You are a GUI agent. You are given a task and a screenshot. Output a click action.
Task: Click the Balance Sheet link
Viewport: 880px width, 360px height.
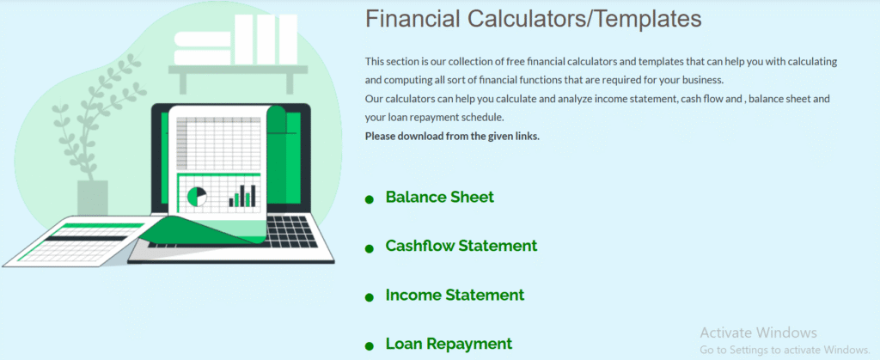(439, 198)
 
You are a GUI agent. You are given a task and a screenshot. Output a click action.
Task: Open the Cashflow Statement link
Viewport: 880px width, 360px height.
(461, 246)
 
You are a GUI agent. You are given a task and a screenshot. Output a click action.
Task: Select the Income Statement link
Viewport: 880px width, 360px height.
(455, 295)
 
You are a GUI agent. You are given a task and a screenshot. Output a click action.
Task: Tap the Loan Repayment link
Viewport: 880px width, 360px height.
(449, 343)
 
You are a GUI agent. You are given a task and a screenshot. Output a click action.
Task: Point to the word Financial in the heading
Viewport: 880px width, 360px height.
(412, 19)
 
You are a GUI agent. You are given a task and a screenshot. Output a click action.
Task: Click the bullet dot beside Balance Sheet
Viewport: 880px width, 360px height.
(370, 199)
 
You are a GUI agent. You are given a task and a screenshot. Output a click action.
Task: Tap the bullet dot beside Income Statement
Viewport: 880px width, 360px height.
(370, 297)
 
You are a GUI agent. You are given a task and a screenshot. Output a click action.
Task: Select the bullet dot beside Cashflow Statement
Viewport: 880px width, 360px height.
(370, 248)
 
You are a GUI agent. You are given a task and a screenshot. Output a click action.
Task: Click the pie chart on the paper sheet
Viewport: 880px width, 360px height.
(197, 197)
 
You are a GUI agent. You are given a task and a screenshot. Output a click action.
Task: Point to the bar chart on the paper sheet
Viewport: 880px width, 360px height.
(241, 196)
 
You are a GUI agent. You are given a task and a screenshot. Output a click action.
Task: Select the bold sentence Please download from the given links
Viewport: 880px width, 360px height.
(452, 137)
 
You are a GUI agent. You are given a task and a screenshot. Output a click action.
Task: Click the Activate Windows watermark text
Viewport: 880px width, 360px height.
(758, 333)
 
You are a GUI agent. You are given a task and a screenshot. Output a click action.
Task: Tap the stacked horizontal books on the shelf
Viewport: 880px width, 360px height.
(203, 48)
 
